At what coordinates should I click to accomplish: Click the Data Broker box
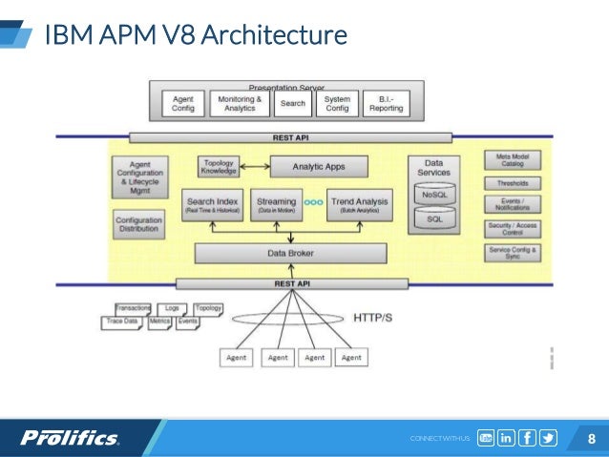click(x=291, y=254)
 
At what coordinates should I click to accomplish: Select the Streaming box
click(x=277, y=204)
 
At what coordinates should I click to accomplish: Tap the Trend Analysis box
click(x=359, y=204)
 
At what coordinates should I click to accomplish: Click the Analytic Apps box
click(x=319, y=166)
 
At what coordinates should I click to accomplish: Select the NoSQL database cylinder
click(x=434, y=194)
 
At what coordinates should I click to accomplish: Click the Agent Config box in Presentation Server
click(x=182, y=103)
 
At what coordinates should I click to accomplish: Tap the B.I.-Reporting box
click(x=386, y=103)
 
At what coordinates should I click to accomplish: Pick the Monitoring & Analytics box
click(x=240, y=103)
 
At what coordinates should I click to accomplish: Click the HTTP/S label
click(x=373, y=318)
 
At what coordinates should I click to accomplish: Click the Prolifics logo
click(x=71, y=438)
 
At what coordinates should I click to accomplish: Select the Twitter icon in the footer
click(x=548, y=438)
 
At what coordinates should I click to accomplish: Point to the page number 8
click(x=591, y=439)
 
